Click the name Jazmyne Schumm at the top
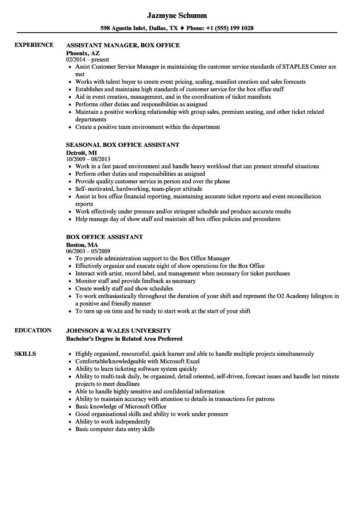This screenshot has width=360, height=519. click(x=177, y=15)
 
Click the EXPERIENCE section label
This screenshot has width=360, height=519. click(x=34, y=45)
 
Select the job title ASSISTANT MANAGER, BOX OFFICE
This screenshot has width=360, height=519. click(x=123, y=45)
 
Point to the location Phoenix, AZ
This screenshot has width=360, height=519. click(x=83, y=53)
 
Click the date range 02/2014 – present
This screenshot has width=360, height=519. click(x=87, y=60)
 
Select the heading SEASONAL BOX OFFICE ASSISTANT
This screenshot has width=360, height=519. click(x=123, y=145)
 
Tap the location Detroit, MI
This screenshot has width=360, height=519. click(x=81, y=153)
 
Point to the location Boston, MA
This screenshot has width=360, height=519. click(x=82, y=245)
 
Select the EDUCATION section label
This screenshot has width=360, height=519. click(x=33, y=330)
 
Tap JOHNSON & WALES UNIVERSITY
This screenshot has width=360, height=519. click(x=118, y=331)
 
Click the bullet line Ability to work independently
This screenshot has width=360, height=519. click(x=113, y=421)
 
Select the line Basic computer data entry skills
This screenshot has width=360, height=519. click(x=115, y=429)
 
